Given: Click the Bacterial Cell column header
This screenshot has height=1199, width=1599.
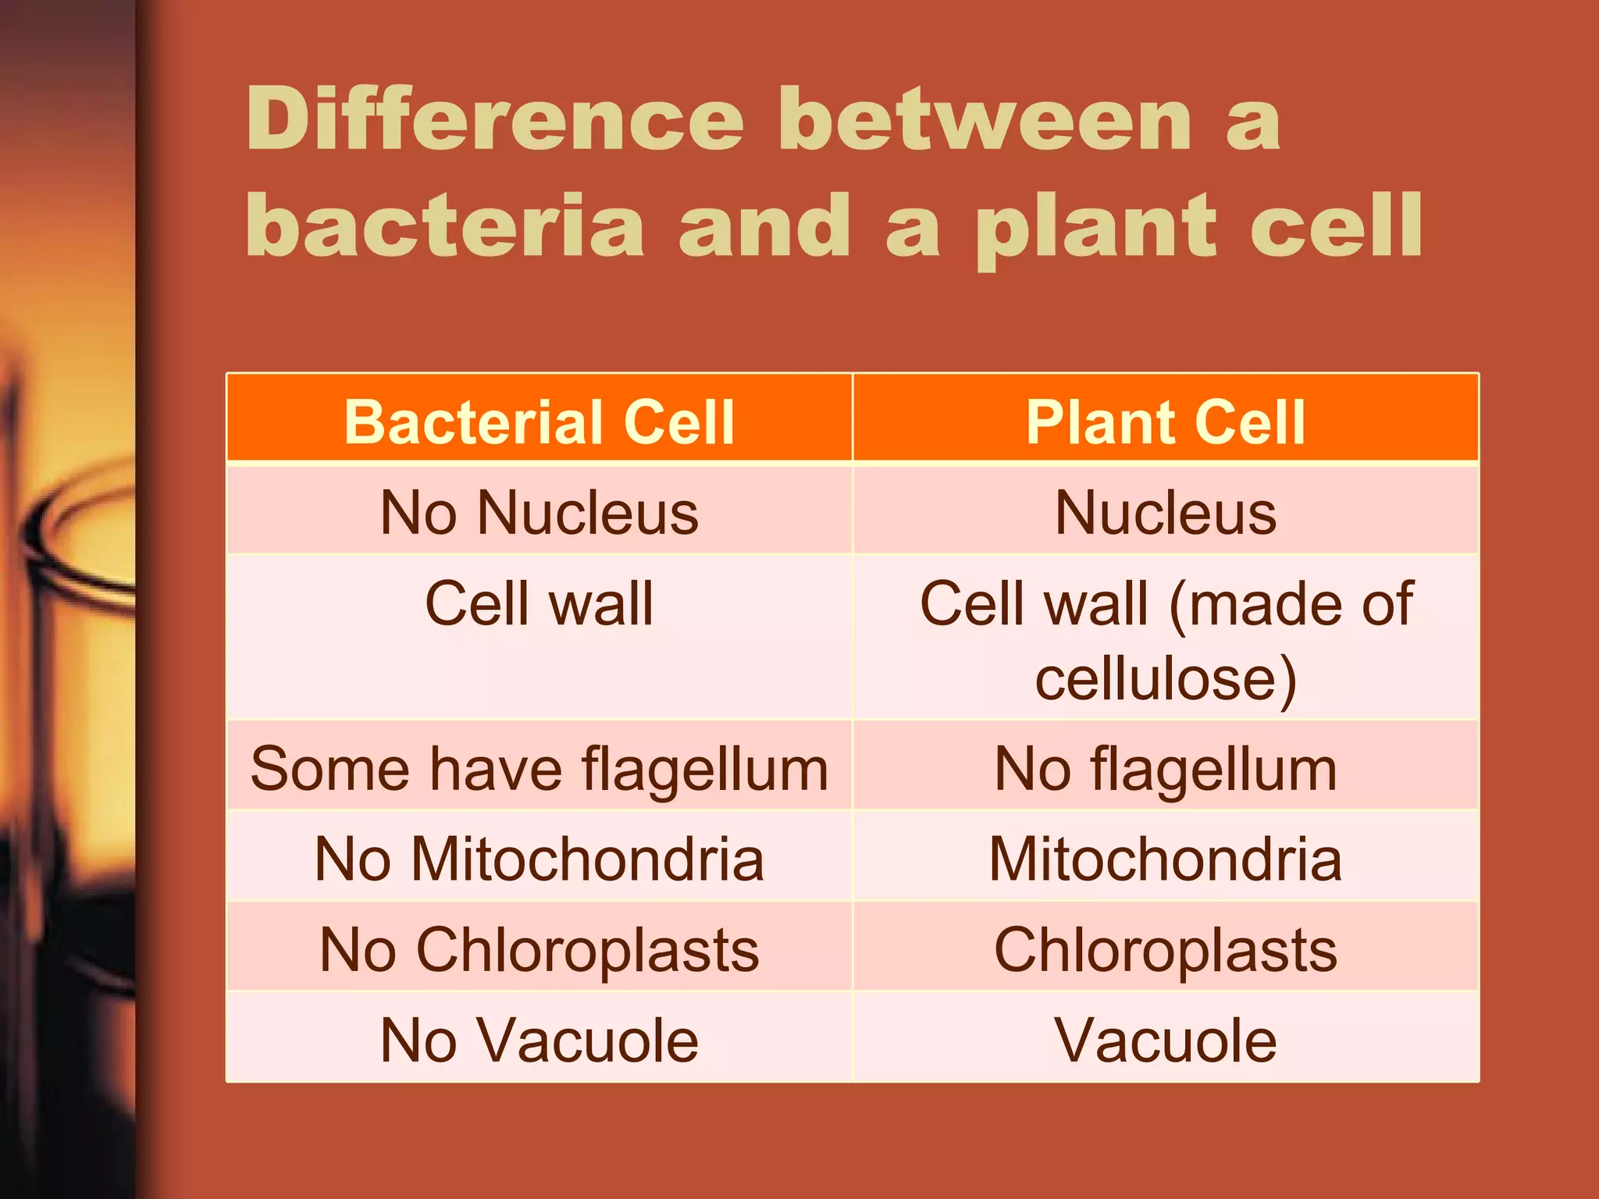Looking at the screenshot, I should coord(539,422).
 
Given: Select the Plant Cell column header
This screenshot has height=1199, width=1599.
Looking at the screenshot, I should coord(1165,422).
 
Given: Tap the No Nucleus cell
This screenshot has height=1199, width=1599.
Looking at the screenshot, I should coord(539,513).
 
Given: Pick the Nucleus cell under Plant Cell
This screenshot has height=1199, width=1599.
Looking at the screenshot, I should coord(1165,513).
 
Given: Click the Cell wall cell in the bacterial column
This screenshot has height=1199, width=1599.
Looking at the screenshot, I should coord(539,604).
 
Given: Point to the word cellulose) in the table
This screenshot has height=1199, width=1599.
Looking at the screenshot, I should coord(1165,678).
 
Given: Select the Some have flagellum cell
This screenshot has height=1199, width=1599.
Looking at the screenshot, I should coord(539,769).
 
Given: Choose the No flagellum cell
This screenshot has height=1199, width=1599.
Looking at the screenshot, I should coord(1165,769).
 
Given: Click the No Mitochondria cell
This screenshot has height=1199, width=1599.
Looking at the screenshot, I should coord(539,859).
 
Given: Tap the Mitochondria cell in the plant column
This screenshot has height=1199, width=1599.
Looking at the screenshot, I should coord(1165,859).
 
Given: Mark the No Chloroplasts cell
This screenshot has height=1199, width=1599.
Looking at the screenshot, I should coord(539,950).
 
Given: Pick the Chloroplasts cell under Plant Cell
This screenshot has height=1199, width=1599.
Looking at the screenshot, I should coord(1165,950).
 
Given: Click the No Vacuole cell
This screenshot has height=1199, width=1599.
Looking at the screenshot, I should coord(539,1041).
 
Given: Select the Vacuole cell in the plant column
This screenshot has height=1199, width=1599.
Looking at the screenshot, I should coord(1165,1041).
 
